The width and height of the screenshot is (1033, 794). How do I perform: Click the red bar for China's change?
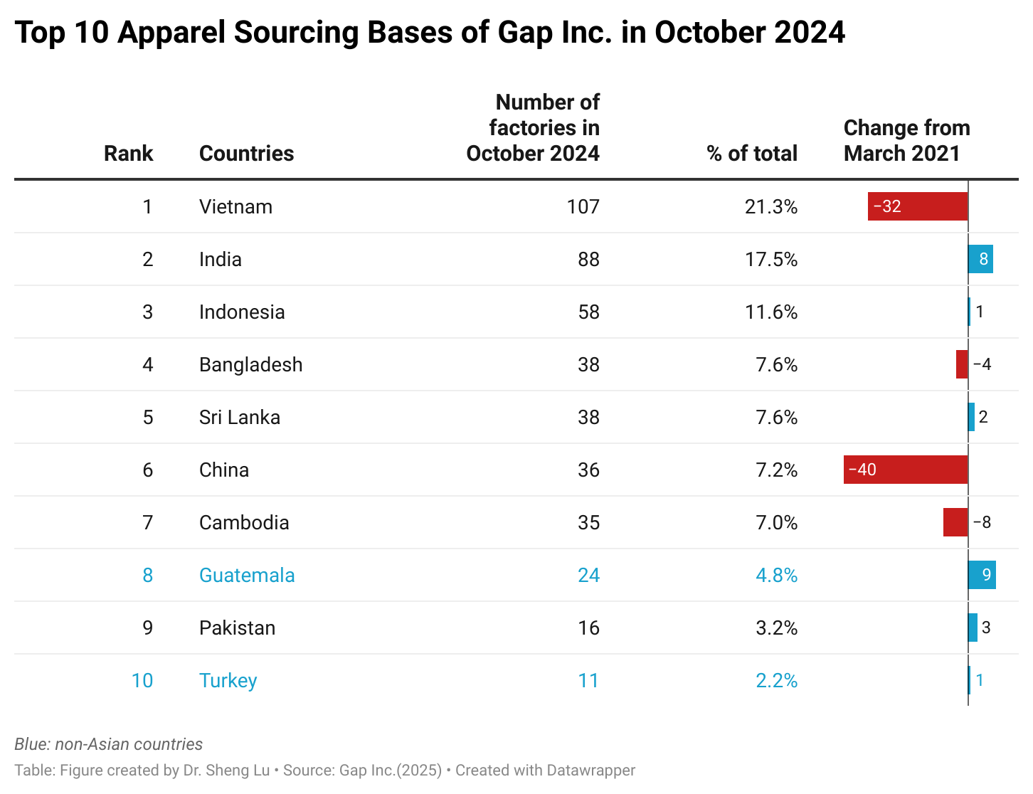[x=905, y=470]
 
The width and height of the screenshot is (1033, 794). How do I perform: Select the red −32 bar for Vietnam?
[x=917, y=206]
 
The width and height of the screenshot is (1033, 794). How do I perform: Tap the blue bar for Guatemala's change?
[x=982, y=575]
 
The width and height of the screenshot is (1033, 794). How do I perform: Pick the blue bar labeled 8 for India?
[x=980, y=259]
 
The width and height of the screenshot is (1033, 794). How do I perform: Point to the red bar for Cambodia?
[x=955, y=522]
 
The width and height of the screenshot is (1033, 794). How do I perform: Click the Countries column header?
[x=246, y=153]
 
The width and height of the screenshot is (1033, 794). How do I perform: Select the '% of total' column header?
[x=752, y=153]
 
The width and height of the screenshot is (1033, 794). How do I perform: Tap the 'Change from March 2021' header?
[x=906, y=140]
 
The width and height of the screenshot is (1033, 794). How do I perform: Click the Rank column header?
[x=128, y=153]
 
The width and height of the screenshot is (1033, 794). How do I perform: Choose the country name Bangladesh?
[x=250, y=364]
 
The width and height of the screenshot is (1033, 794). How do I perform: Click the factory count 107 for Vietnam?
[x=583, y=206]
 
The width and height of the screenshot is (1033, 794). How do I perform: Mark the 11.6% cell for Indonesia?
[x=770, y=312]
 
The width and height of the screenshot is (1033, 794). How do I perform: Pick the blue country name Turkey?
[x=228, y=680]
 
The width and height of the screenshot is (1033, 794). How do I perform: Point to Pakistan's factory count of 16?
[x=588, y=628]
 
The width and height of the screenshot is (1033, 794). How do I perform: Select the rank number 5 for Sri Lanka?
[x=147, y=417]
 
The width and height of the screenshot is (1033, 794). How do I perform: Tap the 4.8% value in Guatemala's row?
[x=776, y=575]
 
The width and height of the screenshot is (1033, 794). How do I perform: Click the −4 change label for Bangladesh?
[x=982, y=364]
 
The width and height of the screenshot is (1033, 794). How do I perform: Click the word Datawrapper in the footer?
[x=590, y=770]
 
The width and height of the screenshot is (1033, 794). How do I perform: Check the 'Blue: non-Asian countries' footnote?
[x=108, y=744]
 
